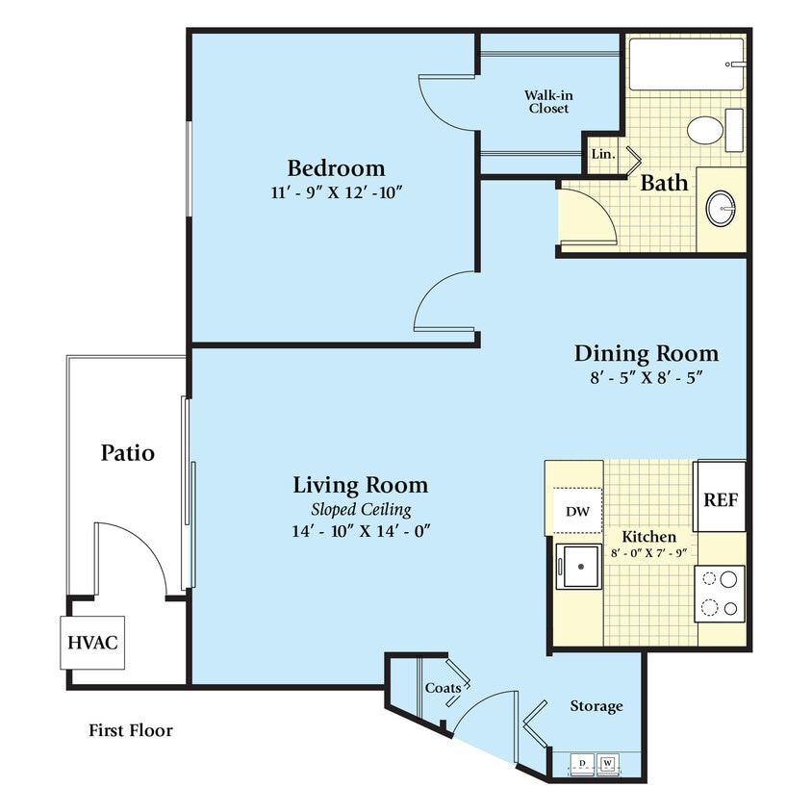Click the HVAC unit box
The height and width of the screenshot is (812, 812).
point(92,642)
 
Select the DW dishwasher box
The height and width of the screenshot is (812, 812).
point(576,511)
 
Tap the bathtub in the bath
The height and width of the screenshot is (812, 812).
point(685,63)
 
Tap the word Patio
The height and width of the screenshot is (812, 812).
point(128,452)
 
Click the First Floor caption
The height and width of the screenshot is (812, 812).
point(131,731)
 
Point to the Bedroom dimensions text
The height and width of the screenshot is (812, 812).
point(336,192)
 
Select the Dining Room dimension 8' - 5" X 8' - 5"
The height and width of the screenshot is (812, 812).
point(646,378)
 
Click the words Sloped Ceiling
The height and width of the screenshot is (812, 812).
point(360,509)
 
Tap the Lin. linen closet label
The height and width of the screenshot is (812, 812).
point(602,154)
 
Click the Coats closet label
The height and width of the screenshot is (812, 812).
point(442,688)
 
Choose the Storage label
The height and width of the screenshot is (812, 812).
point(596,706)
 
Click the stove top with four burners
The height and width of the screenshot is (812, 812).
point(720,594)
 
